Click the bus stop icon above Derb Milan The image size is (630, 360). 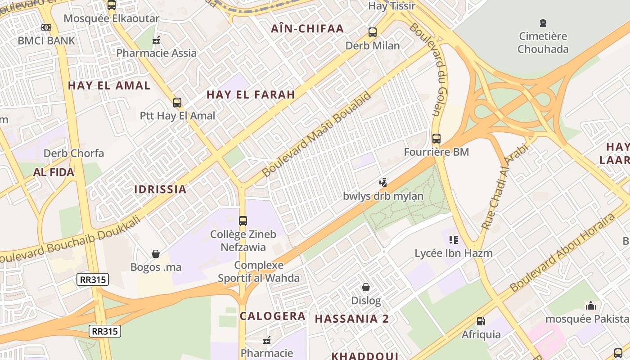click(372, 32)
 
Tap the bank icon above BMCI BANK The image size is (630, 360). click(46, 27)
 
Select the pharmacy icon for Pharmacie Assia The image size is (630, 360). click(156, 40)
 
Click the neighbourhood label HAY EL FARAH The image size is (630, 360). click(251, 94)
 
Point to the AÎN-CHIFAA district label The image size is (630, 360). click(307, 29)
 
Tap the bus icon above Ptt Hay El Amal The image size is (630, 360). click(177, 103)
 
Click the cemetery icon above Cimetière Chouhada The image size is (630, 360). click(543, 22)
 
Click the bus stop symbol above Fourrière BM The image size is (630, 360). click(436, 139)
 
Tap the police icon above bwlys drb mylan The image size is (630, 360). click(383, 183)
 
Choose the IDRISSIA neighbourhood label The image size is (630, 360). click(160, 189)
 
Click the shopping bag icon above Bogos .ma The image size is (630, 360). click(156, 254)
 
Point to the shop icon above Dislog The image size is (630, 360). click(366, 287)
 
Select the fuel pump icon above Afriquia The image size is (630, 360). click(481, 321)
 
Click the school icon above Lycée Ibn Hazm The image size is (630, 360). click(453, 240)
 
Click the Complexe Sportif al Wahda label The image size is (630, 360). click(259, 271)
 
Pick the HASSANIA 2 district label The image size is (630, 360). click(352, 319)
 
